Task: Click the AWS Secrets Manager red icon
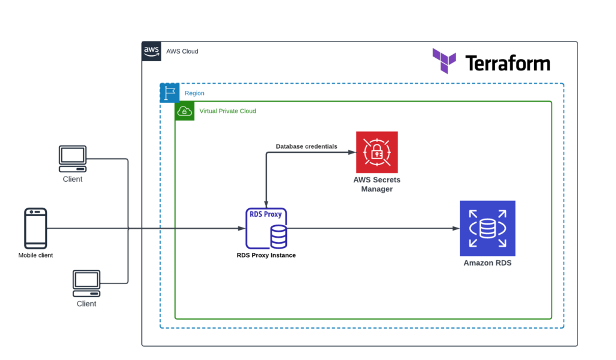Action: tap(377, 152)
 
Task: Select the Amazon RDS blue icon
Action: tap(487, 228)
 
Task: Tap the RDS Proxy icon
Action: tap(266, 228)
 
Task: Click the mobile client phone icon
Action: tap(35, 228)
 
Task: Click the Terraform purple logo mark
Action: tap(445, 61)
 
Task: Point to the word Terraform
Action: tap(507, 63)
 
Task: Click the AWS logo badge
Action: tap(152, 51)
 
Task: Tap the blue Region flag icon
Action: tap(170, 93)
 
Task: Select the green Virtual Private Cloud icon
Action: tap(185, 111)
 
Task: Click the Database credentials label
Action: tap(306, 146)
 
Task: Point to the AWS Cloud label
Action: tap(182, 51)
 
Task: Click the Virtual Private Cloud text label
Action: tap(227, 111)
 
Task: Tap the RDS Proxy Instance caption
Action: tap(266, 255)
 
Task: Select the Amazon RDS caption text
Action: tap(487, 263)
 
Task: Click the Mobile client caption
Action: tap(35, 255)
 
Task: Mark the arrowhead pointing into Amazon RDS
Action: tap(455, 229)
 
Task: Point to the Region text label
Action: tap(194, 93)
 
